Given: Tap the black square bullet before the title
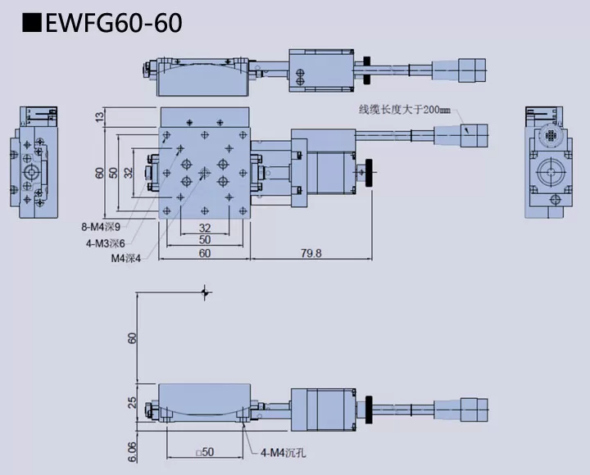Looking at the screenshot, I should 31,21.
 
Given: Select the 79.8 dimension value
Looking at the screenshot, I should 311,253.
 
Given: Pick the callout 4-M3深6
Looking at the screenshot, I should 105,242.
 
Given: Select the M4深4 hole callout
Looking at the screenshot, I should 126,257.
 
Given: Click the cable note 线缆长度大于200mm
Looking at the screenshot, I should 405,109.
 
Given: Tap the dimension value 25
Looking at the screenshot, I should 133,402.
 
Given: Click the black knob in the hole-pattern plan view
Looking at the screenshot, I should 375,173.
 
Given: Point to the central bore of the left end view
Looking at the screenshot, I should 34,173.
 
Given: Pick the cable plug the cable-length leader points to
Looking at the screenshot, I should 474,135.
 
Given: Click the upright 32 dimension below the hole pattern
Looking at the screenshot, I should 204,227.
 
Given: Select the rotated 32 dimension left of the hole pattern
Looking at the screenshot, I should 128,173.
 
